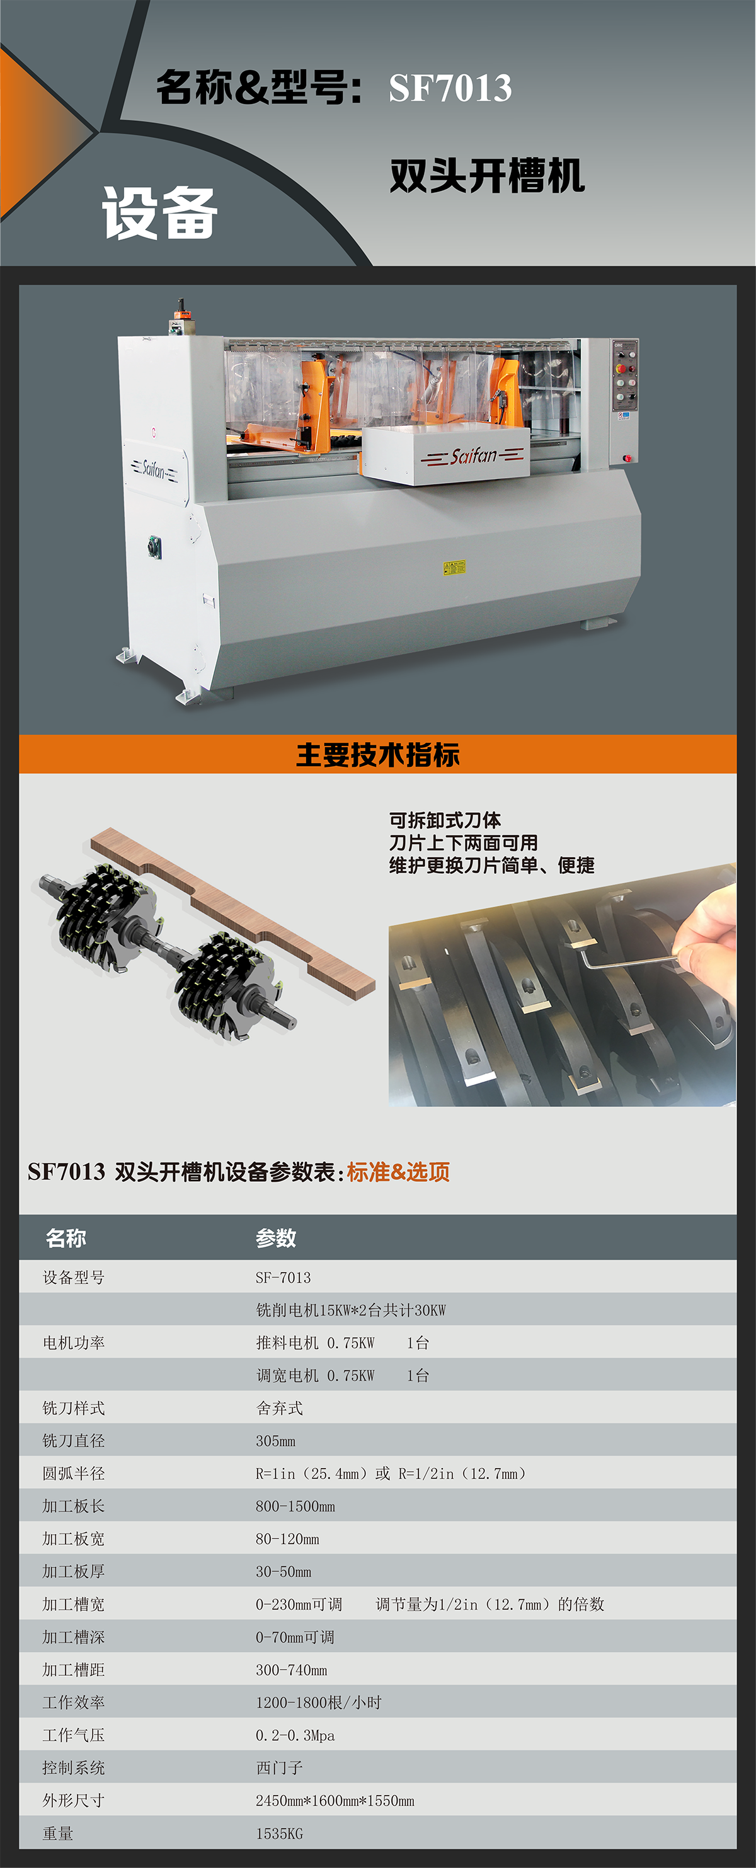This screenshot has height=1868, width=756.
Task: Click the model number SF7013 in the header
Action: point(450,88)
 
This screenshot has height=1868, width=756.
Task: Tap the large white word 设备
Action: point(160,212)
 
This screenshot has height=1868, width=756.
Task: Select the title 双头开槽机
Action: point(487,176)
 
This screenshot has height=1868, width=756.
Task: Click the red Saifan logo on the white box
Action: point(472,456)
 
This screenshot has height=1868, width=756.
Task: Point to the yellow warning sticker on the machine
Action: point(454,567)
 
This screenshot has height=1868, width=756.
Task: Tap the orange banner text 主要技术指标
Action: point(377,754)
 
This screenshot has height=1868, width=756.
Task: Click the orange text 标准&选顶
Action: point(398,1172)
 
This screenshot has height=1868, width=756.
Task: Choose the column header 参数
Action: point(275,1238)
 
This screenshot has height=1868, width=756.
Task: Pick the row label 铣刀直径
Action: point(73,1441)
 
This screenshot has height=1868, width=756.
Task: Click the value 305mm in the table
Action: point(275,1441)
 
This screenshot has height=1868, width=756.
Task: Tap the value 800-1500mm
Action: point(295,1506)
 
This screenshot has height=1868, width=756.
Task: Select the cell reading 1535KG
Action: point(279,1833)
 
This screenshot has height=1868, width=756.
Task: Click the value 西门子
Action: point(279,1767)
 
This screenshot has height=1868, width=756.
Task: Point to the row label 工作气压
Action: point(73,1734)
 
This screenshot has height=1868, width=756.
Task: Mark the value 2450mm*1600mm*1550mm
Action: point(335,1801)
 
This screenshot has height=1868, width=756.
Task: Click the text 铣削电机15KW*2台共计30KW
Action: point(351,1310)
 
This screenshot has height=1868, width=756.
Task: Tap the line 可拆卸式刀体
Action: point(445,820)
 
